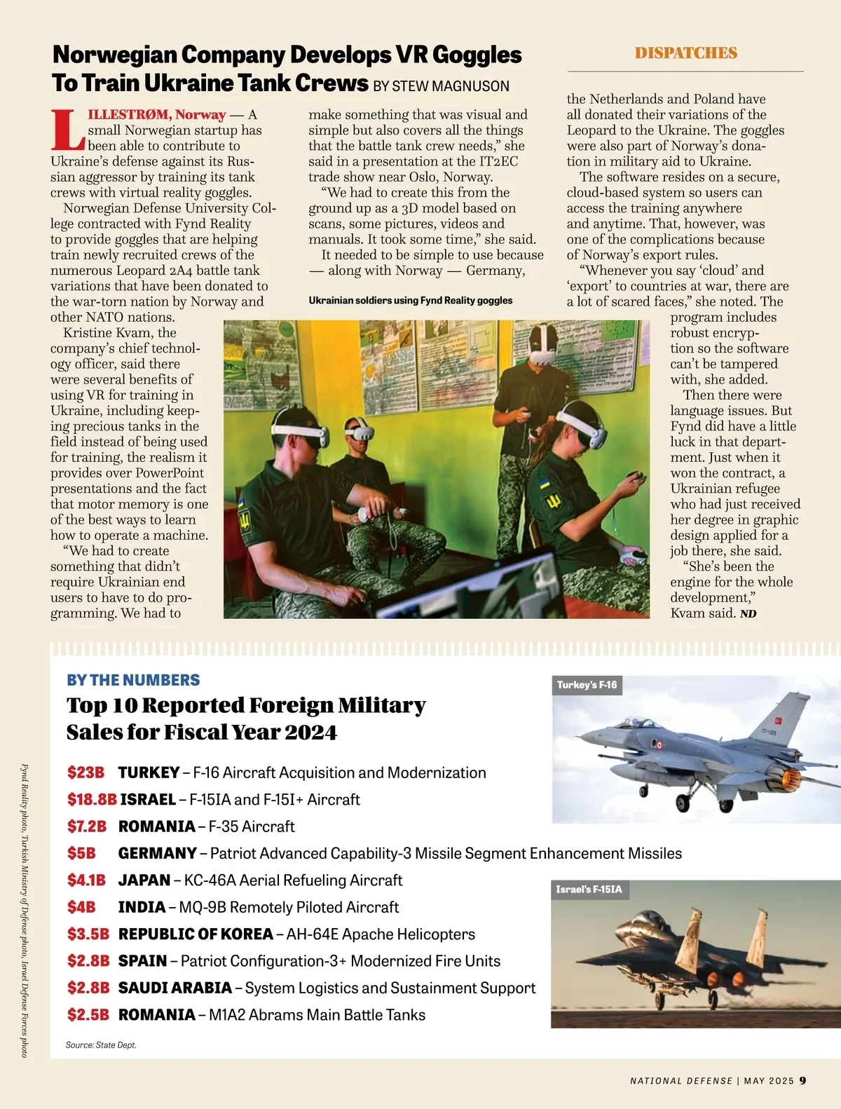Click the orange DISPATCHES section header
coord(685,53)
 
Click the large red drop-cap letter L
coord(68,130)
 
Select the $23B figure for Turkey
coord(86,773)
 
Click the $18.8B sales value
coord(91,799)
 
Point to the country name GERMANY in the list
coord(157,853)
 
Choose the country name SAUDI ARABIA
coord(175,988)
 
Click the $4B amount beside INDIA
coord(81,907)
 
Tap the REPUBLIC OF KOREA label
coord(196,934)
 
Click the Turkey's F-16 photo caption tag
coord(587,685)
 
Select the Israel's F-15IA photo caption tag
coord(589,890)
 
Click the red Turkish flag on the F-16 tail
coord(779,720)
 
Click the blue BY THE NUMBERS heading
coord(133,680)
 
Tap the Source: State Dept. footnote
coord(101,1045)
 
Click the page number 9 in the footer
coord(803,1080)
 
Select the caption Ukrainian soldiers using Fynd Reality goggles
coord(410,301)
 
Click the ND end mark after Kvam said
coord(748,614)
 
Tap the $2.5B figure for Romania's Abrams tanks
coord(88,1014)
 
